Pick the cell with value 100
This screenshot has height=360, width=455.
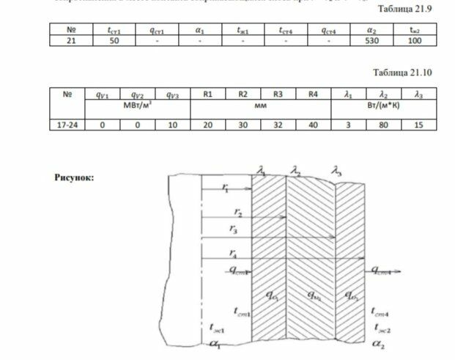[x=415, y=42]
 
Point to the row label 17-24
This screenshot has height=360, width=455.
[x=67, y=125]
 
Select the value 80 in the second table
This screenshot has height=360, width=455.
[x=382, y=125]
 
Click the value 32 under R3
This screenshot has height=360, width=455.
[x=278, y=125]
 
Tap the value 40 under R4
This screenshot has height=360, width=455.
[x=313, y=125]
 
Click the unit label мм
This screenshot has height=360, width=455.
[x=260, y=106]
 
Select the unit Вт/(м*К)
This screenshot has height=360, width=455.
[x=383, y=106]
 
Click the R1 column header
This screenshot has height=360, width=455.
[x=208, y=94]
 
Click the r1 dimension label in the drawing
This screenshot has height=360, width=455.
[x=224, y=188]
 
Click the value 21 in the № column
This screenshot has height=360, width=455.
[x=67, y=42]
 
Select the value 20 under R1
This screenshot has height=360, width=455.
[x=208, y=125]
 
